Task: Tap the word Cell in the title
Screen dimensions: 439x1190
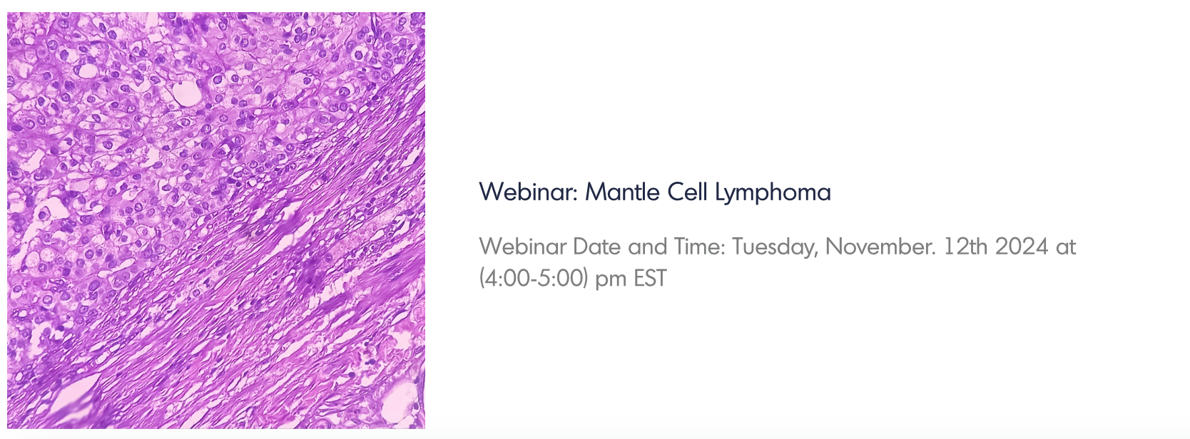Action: [688, 192]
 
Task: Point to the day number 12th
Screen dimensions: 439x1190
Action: [966, 247]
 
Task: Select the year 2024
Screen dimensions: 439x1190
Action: [1022, 247]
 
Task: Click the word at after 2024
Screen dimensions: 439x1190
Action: [1066, 247]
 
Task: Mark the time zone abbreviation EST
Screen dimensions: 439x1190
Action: [650, 278]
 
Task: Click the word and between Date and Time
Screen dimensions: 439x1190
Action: [647, 247]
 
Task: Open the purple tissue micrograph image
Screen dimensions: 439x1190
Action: [216, 220]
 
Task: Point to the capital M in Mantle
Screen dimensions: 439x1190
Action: [594, 192]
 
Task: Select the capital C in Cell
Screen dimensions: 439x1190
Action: [675, 192]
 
